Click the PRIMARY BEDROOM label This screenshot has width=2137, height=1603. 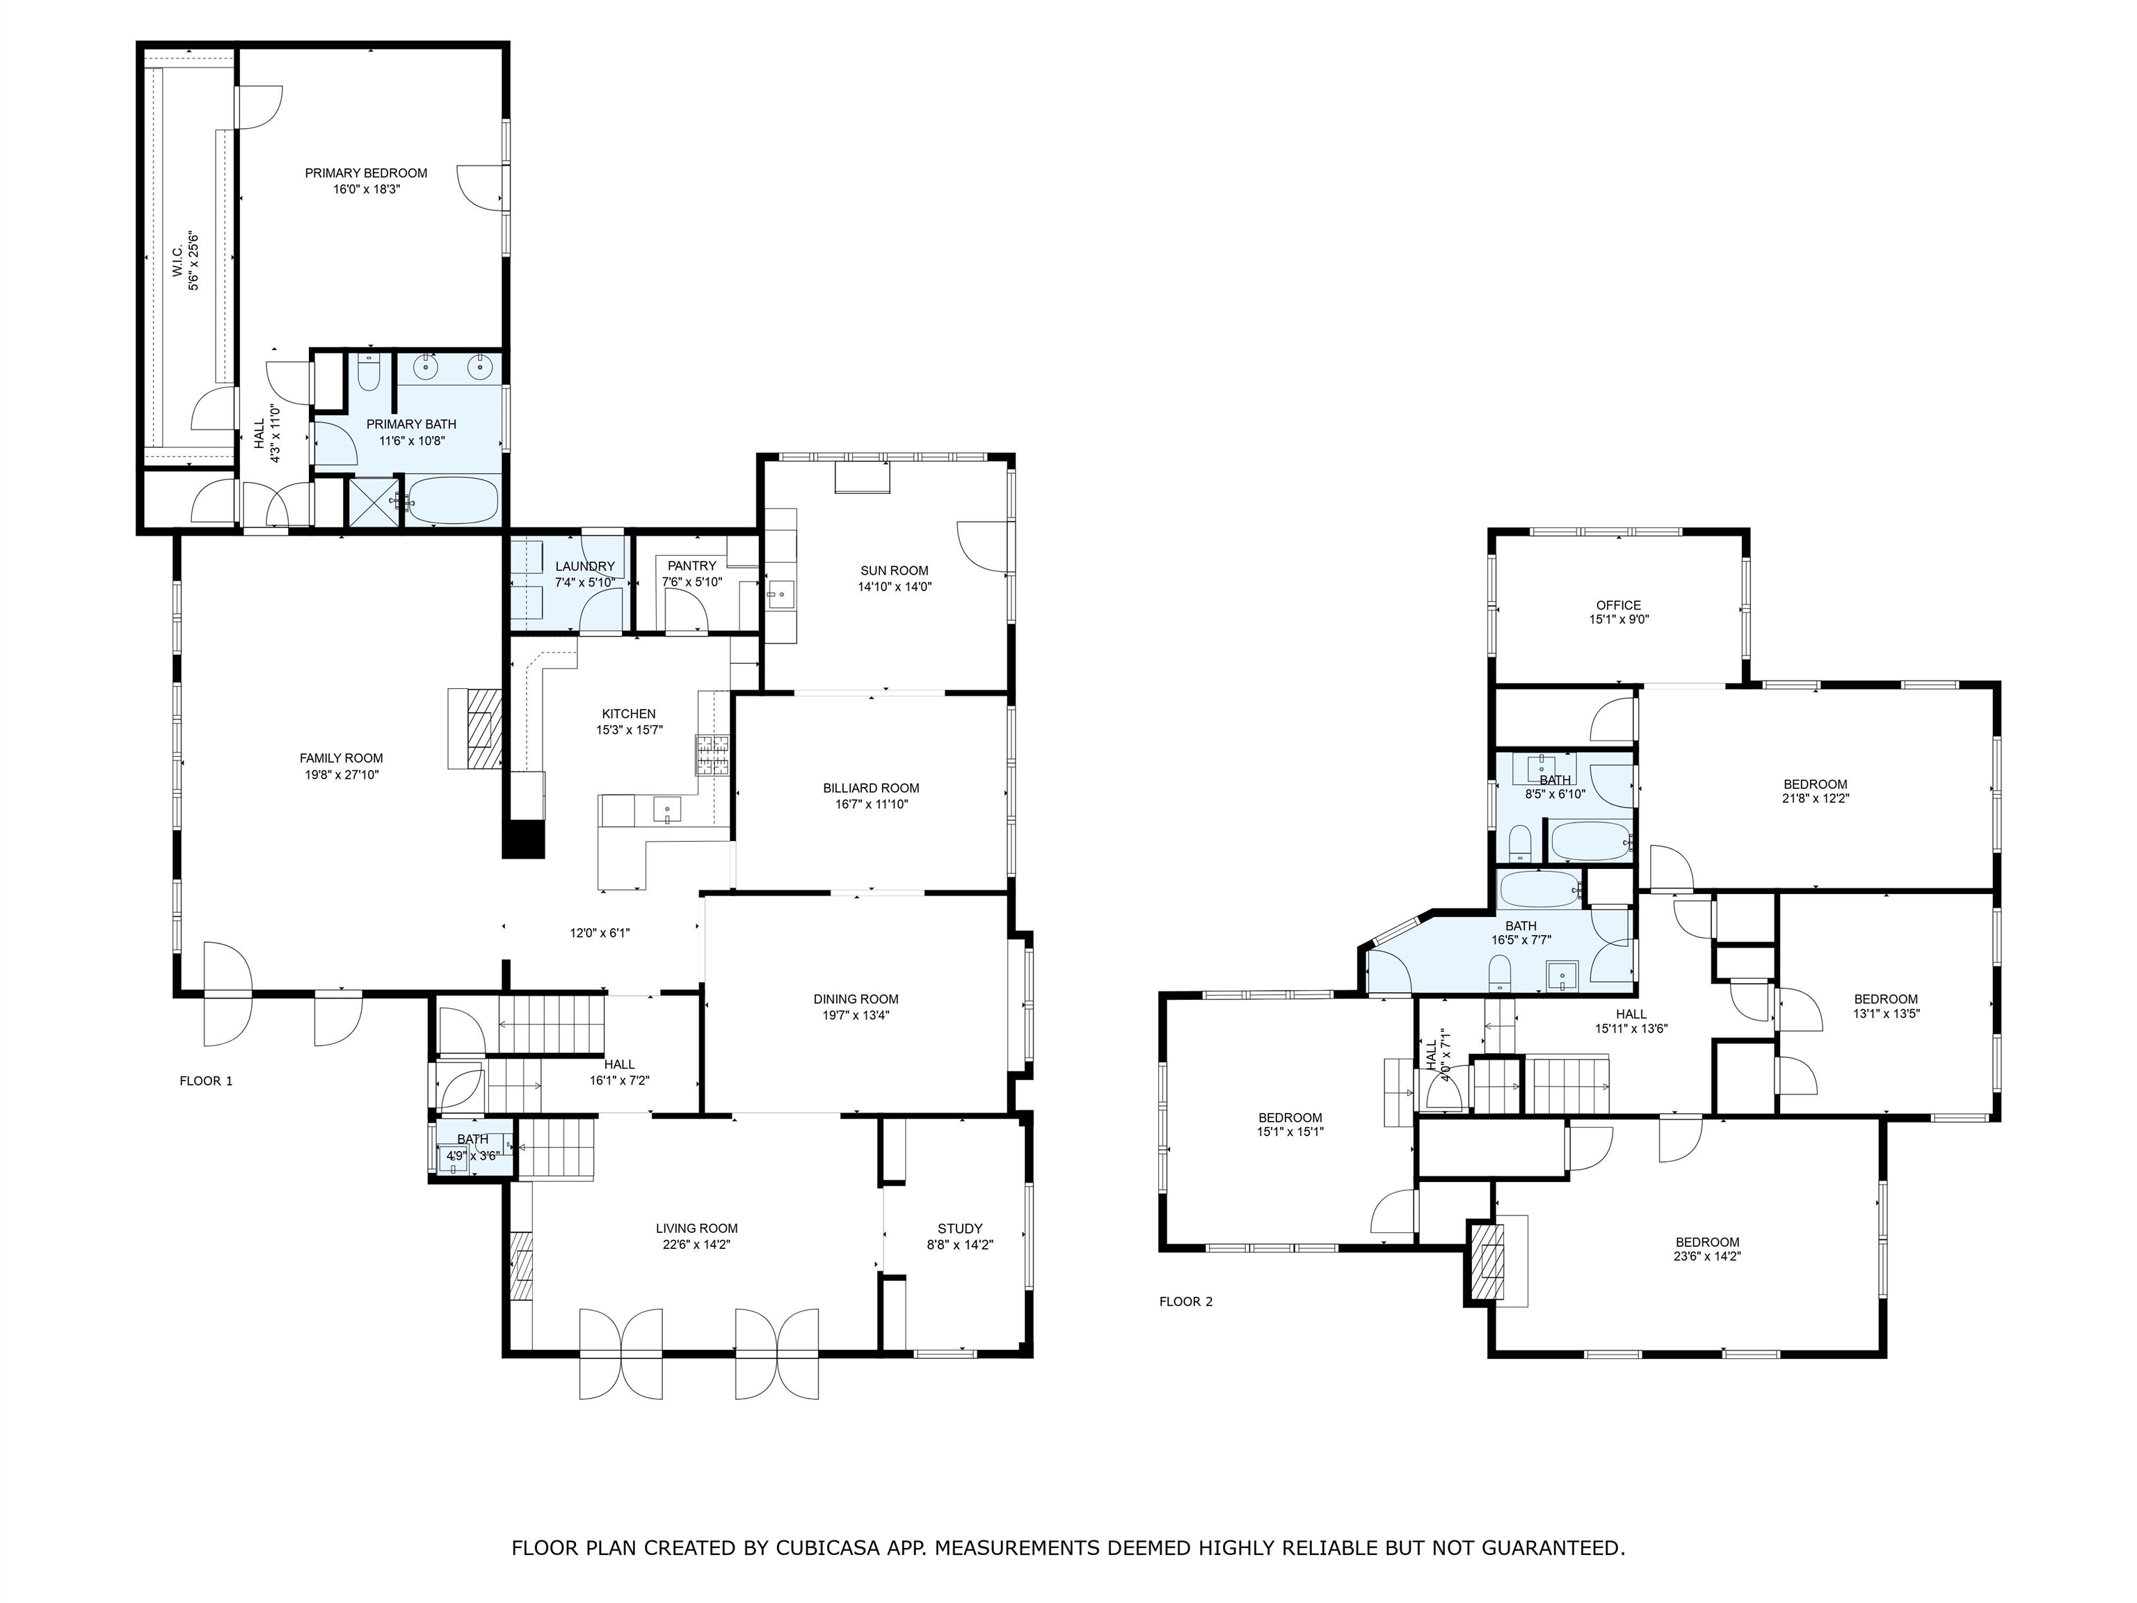(366, 173)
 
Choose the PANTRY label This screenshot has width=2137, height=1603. (691, 566)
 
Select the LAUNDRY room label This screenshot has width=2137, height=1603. (584, 566)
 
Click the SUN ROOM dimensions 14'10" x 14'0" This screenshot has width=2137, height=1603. (895, 587)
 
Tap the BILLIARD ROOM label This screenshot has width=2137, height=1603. (872, 788)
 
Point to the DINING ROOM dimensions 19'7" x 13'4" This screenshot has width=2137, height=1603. (856, 1016)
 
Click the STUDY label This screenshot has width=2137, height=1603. (959, 1229)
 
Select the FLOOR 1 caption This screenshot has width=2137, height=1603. (206, 1081)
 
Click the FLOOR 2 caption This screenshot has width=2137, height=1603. (1185, 1302)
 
